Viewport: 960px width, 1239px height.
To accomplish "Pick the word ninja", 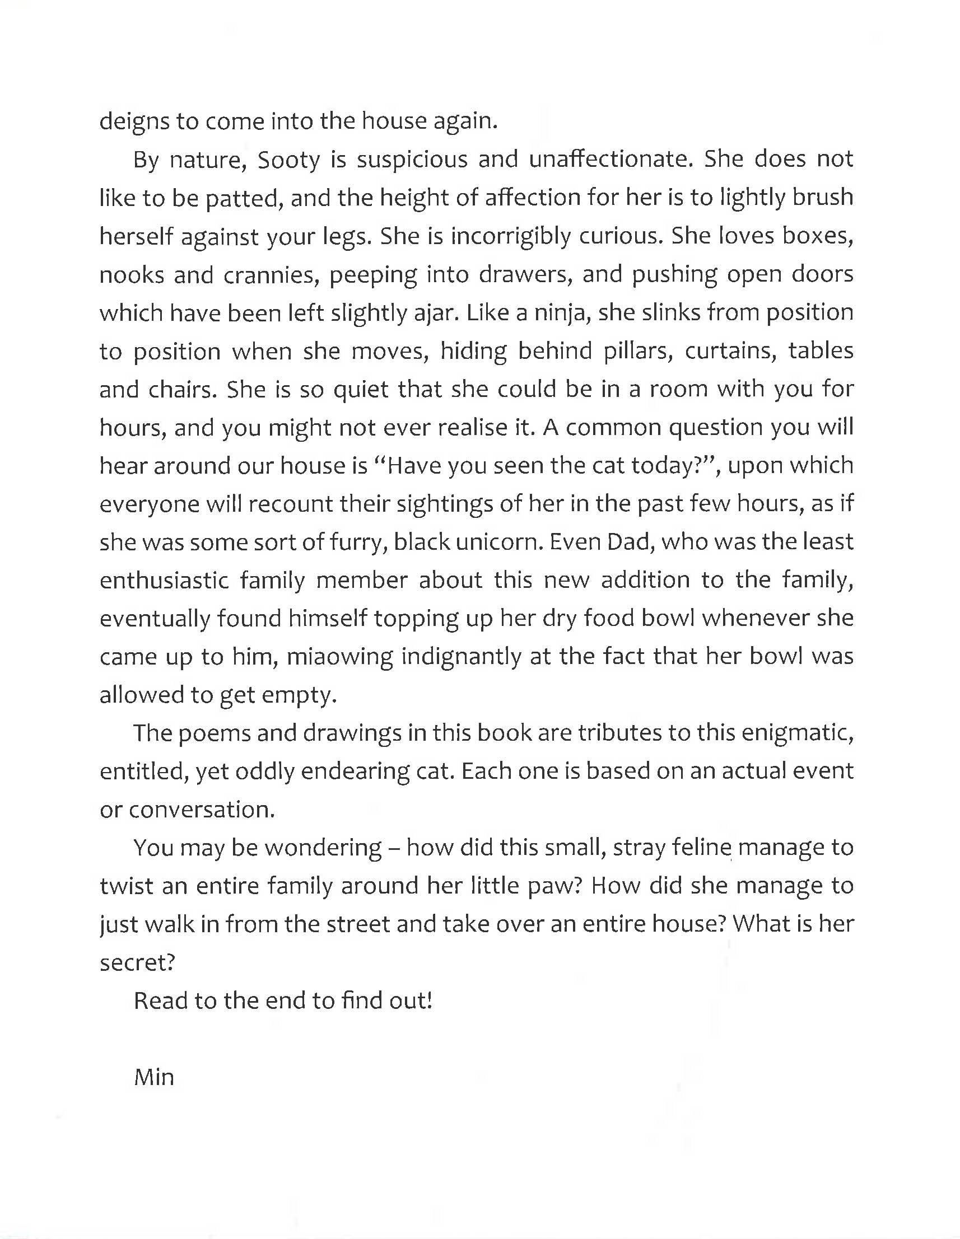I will (563, 313).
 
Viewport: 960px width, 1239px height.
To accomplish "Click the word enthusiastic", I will (164, 581).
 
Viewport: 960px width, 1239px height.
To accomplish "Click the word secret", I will (136, 963).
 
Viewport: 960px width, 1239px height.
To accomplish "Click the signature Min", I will (154, 1077).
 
